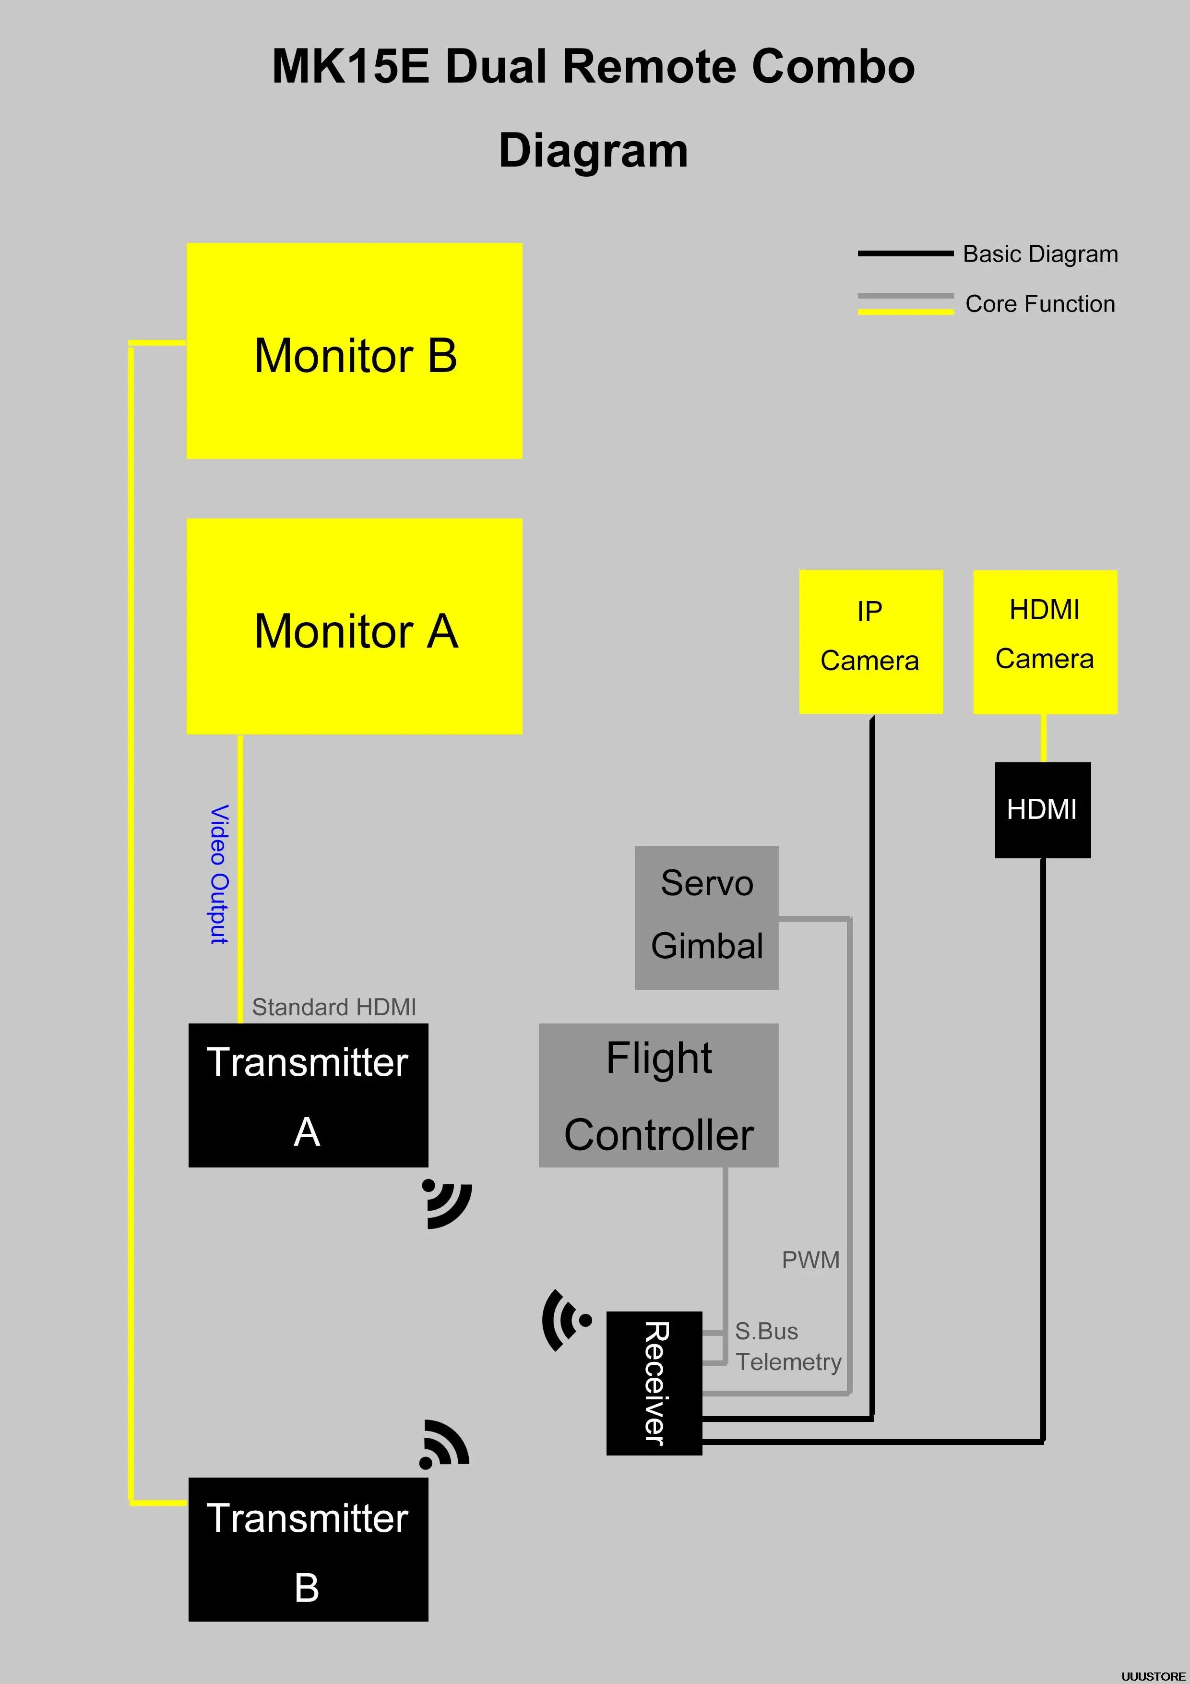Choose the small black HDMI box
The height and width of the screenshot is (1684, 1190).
coord(1042,810)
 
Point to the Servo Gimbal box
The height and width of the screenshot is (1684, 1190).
coord(706,917)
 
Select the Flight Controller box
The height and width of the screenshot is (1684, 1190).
coord(658,1095)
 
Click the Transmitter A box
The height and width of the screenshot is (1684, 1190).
coord(308,1095)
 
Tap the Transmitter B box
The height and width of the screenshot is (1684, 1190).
coord(308,1549)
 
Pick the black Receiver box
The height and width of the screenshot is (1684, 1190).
coord(654,1383)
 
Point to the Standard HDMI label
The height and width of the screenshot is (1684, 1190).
coord(333,1007)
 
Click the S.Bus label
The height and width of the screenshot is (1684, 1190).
coord(766,1331)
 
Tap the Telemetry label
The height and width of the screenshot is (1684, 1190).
coord(788,1361)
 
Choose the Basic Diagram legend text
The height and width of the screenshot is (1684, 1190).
coord(1040,254)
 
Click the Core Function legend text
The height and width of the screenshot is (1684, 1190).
coord(1040,304)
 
